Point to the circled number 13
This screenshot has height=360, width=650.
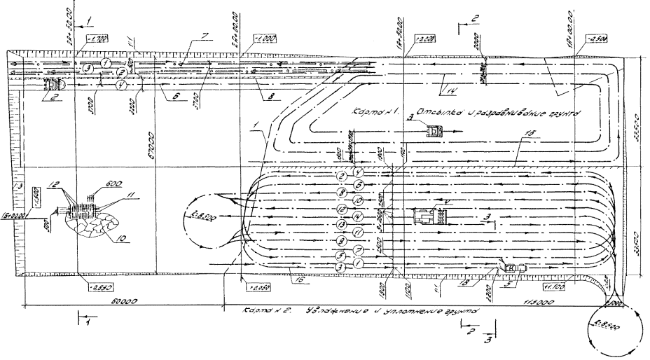tap(341, 225)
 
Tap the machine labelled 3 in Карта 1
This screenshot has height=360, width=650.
tap(434, 129)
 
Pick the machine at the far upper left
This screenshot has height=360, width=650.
tap(53, 83)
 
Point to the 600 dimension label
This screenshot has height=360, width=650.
tap(115, 184)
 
